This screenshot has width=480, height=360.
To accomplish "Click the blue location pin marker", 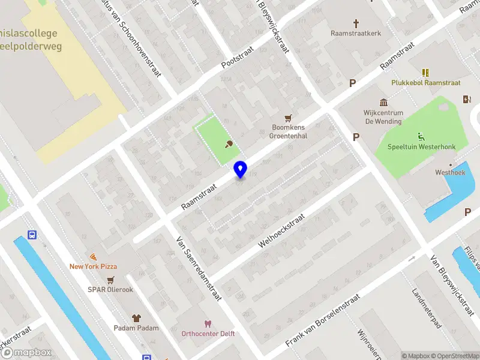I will coord(241,169).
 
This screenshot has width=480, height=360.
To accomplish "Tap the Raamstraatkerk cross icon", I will coord(356,23).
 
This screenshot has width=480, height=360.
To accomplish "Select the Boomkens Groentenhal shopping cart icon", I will coord(289,118).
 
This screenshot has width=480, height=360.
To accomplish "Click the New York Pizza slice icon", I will coord(93,256).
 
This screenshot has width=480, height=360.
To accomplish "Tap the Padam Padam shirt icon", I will coord(136,317).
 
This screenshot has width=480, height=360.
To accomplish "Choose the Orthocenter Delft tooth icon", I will coord(208,323).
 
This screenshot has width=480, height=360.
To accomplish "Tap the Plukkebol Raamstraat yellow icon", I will coord(426,73).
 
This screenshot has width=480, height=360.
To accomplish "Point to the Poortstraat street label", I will coord(238,56).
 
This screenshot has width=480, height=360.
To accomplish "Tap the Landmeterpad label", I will coord(427,308).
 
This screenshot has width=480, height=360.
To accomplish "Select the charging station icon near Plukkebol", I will coord(467,100).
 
